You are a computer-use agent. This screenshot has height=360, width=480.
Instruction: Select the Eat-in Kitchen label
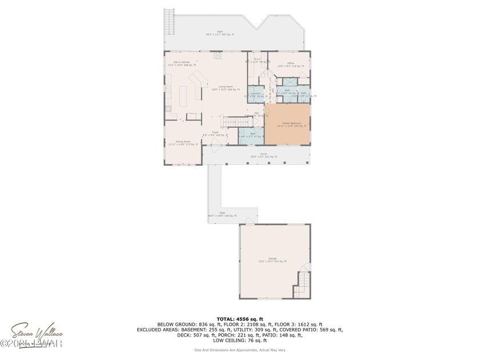click(x=178, y=63)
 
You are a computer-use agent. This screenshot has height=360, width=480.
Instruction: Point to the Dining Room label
click(x=183, y=143)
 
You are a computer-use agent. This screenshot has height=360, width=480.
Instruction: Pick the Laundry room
click(x=255, y=94)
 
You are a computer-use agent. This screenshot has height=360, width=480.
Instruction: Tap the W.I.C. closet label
click(x=257, y=60)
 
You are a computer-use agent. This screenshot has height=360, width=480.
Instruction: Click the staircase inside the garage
click(x=302, y=283)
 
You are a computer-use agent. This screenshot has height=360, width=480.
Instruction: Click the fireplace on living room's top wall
click(x=218, y=56)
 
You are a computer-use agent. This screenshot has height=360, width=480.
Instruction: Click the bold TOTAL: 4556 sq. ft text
click(x=239, y=319)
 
